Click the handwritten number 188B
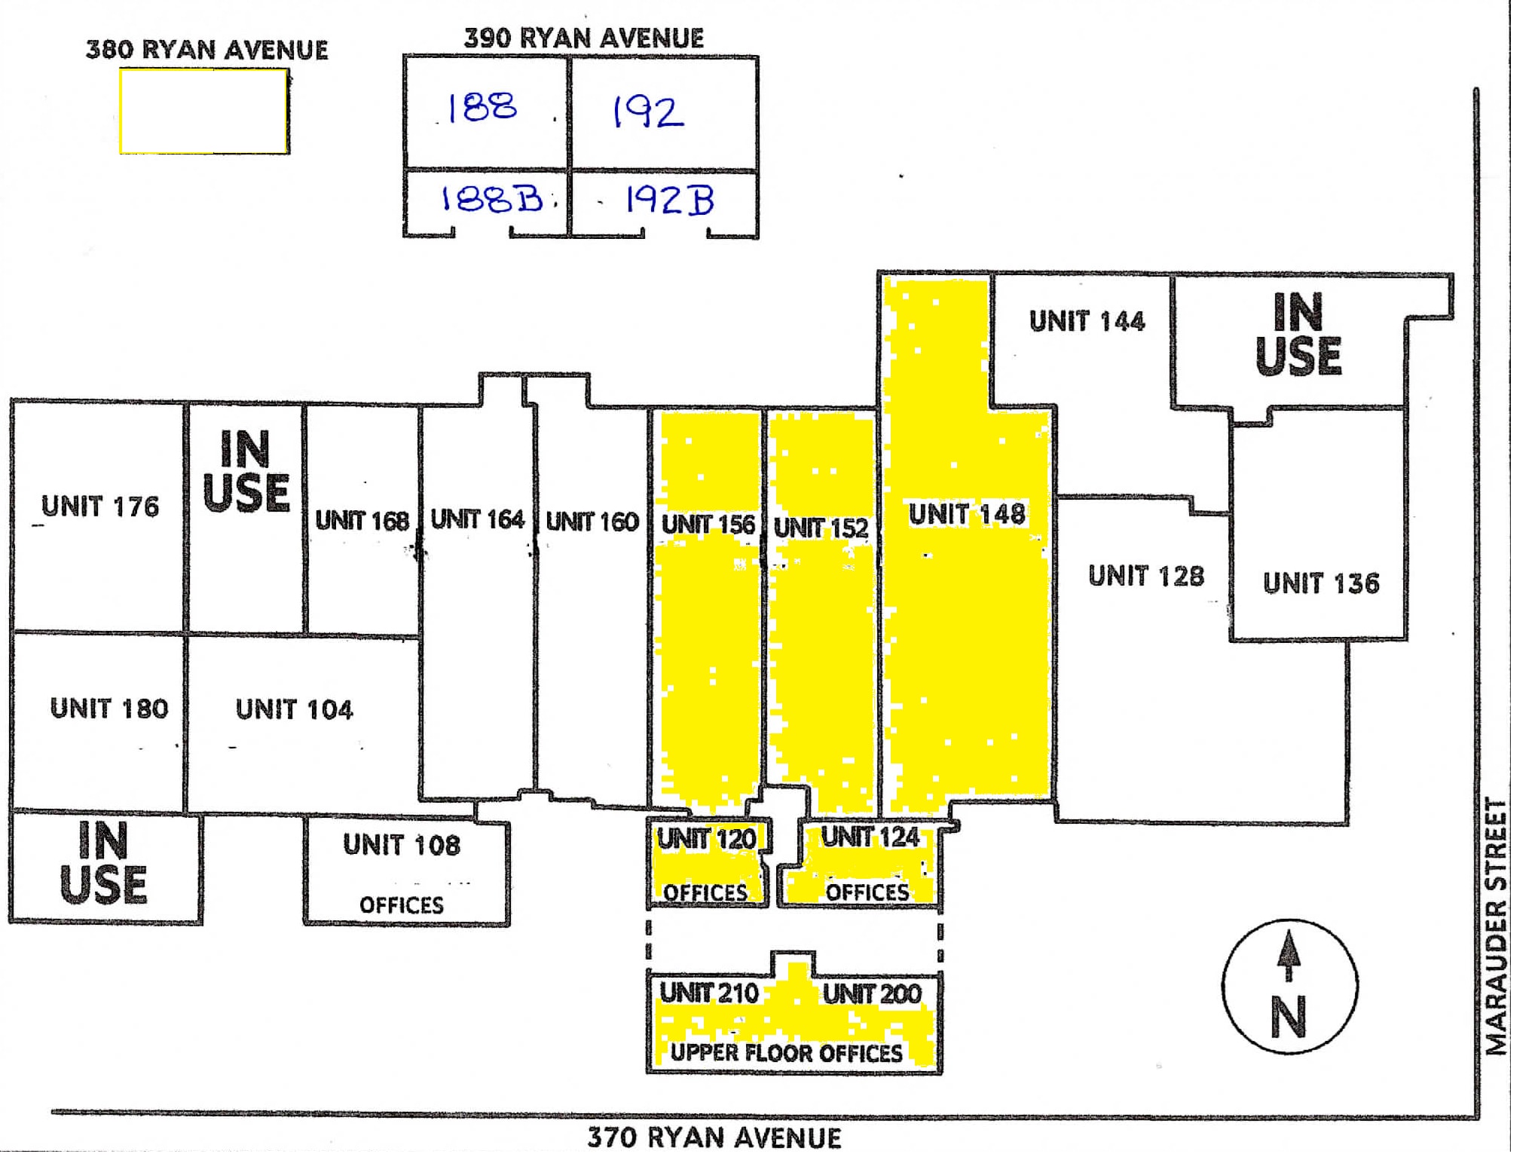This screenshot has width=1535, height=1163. point(491,199)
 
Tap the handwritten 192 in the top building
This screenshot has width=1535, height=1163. point(647,112)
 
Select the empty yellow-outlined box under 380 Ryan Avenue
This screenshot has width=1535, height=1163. point(203,112)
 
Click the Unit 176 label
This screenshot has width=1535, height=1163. point(100,507)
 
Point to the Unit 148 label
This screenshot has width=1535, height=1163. point(967,514)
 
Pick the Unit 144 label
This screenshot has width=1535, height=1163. point(1087,321)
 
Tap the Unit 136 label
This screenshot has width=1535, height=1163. point(1321,583)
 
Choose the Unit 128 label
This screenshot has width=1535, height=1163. point(1145,576)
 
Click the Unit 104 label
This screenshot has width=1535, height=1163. point(294,709)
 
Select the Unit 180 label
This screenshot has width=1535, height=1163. point(109,709)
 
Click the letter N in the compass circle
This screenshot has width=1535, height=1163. point(1289,1018)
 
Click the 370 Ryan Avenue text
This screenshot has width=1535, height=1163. point(714,1137)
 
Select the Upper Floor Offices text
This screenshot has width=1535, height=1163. point(787,1053)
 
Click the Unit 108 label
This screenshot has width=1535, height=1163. point(402,845)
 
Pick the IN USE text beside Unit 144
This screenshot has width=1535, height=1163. point(1298,334)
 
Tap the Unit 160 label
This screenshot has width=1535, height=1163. point(592,521)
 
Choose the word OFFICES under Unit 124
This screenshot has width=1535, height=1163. point(867,892)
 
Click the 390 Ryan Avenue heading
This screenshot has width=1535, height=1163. point(584,38)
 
